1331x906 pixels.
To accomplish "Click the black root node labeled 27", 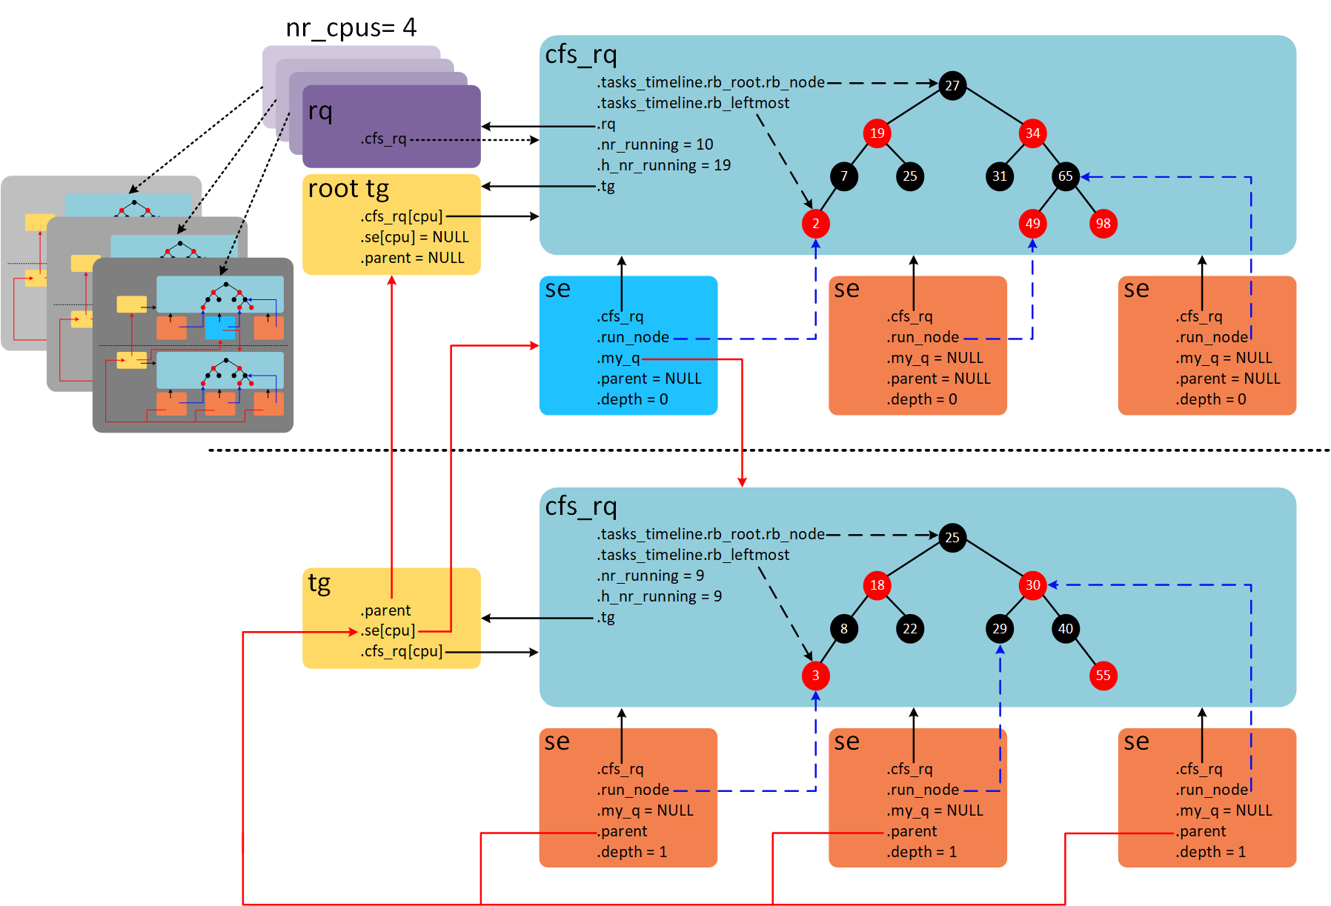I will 952,85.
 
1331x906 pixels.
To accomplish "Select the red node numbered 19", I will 877,133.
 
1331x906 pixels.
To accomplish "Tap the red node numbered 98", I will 1103,224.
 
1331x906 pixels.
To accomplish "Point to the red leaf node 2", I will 815,224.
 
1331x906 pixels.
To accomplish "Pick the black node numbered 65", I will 1065,176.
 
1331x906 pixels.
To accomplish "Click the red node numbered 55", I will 1103,676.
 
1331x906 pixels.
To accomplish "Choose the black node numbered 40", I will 1065,629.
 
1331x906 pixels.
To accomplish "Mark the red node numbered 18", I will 877,585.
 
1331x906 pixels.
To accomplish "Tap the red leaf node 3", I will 815,676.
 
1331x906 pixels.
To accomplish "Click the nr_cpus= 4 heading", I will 351,28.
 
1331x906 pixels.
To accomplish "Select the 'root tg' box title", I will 348,189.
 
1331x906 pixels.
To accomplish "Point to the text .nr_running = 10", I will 655,144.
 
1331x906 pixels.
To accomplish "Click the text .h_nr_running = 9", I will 659,596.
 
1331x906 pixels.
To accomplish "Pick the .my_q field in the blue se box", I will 618,359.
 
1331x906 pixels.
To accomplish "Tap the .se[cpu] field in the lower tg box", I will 388,631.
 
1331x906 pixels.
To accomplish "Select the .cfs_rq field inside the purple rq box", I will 384,139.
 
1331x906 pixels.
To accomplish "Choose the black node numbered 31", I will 999,176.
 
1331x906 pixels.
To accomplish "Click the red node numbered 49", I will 1032,224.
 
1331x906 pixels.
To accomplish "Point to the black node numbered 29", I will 999,629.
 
